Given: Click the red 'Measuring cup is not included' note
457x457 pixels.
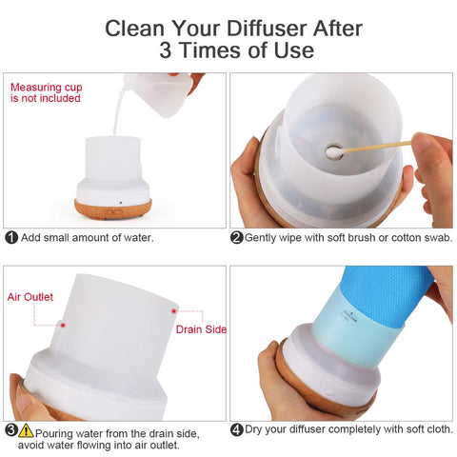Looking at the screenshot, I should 45,92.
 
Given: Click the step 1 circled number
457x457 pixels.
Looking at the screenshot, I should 10,237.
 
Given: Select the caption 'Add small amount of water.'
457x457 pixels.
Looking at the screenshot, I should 87,237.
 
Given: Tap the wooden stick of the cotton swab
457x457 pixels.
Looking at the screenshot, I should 381,145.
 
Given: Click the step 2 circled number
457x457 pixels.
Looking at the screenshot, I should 237,237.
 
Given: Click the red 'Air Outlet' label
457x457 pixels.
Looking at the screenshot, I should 30,297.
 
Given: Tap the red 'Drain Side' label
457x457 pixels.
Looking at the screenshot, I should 201,329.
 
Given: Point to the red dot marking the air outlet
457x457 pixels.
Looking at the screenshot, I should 62,324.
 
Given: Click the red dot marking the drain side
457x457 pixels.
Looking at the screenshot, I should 173,309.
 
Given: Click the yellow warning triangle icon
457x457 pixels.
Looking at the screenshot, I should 26,429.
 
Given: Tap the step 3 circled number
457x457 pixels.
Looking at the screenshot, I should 10,429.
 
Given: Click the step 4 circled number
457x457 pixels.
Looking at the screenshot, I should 237,429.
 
